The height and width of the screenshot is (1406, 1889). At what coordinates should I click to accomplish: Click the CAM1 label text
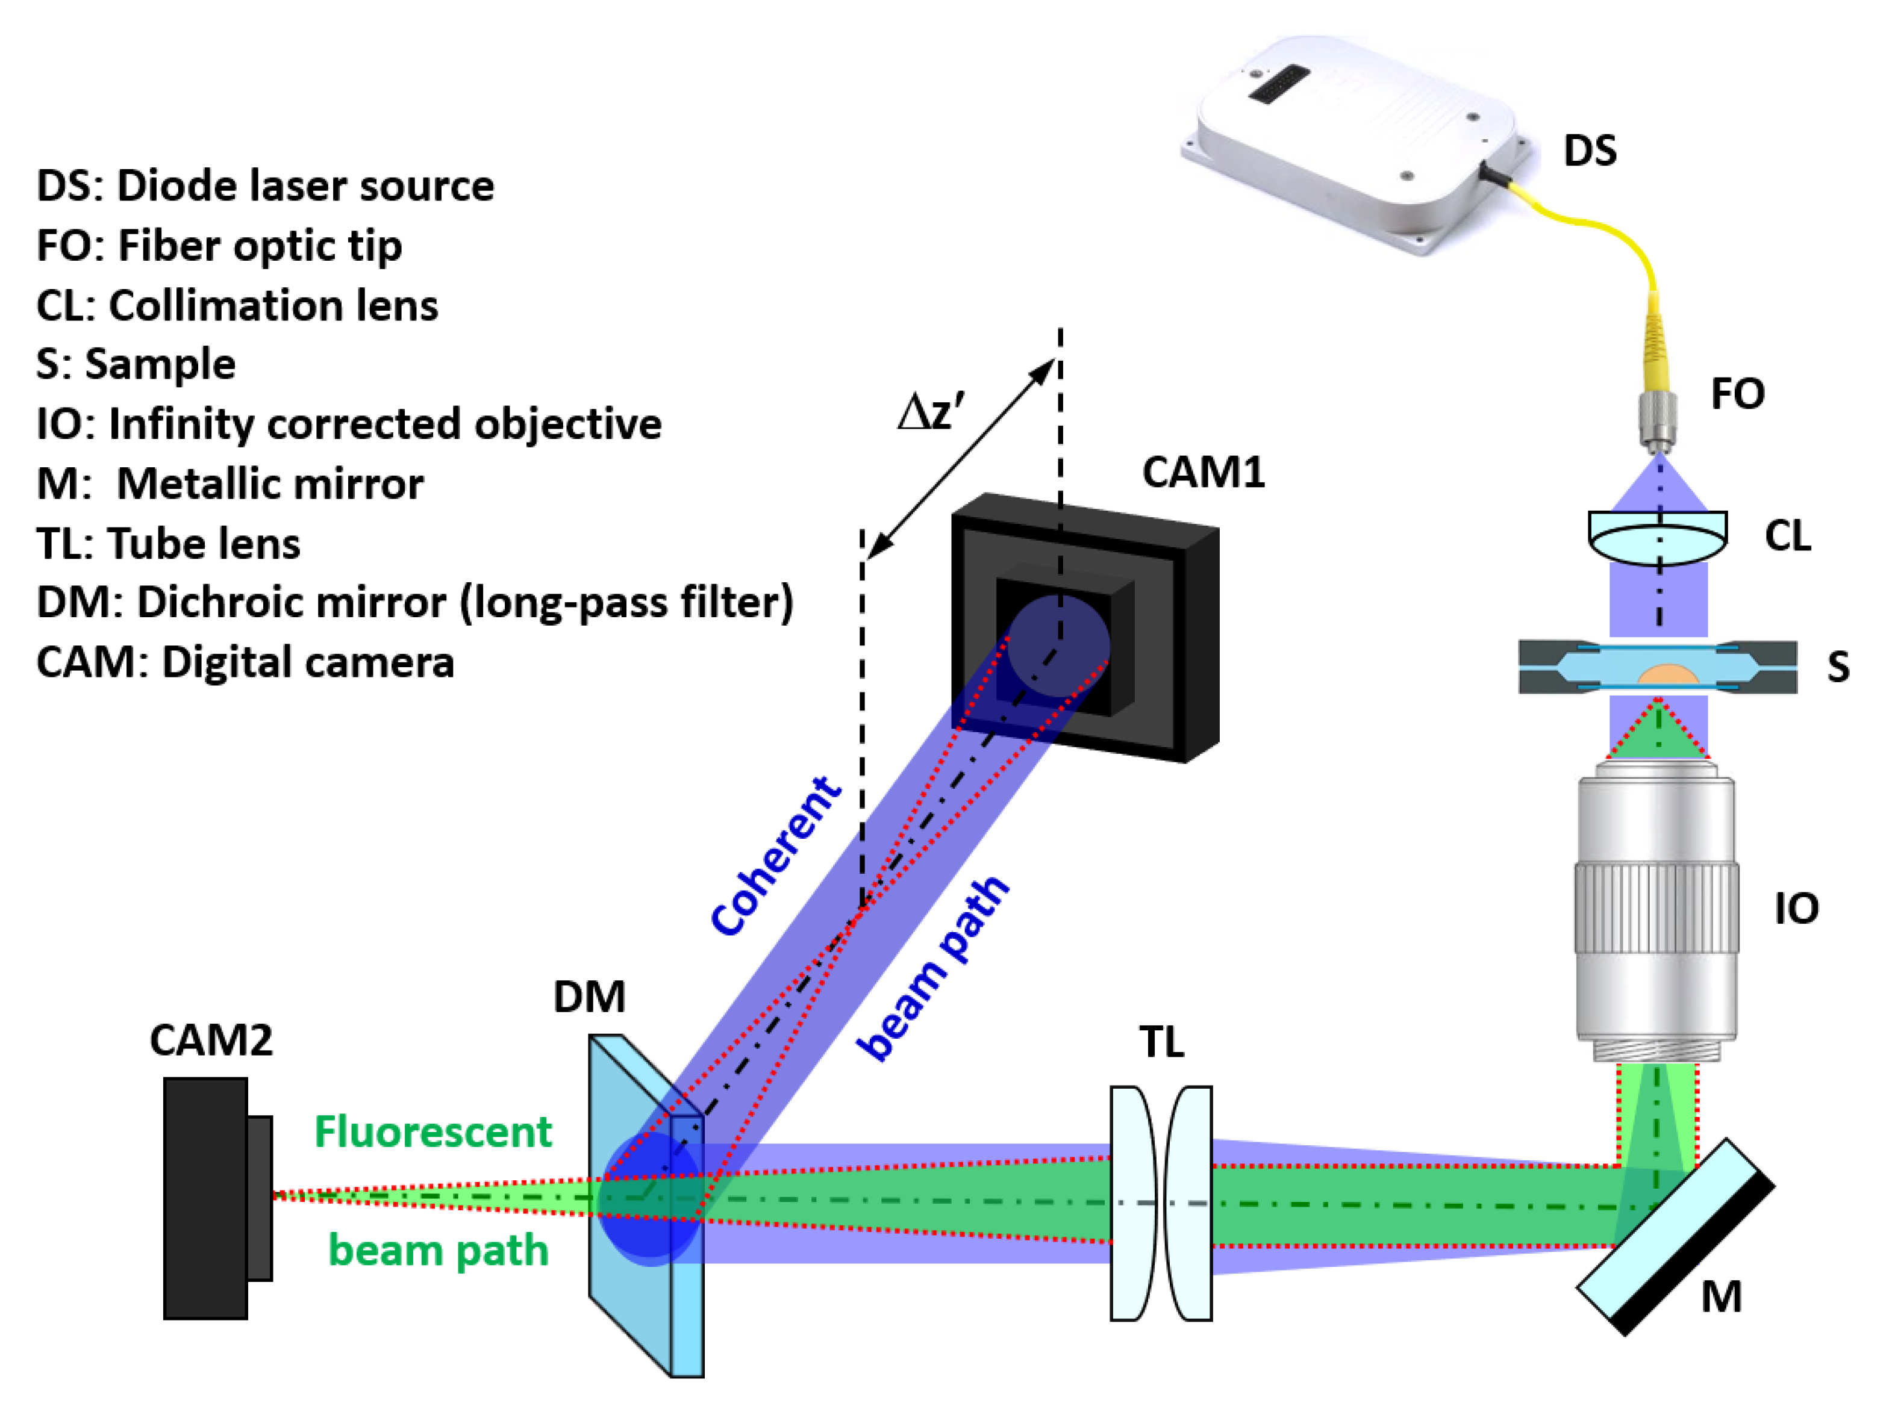click(x=1203, y=472)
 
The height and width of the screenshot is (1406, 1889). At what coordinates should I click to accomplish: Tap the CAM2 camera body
click(x=206, y=1198)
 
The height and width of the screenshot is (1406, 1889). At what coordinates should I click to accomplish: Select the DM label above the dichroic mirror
click(x=589, y=997)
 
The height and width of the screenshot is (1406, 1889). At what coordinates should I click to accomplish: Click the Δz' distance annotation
click(x=931, y=413)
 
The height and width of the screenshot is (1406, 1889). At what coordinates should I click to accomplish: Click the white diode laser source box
click(x=1354, y=140)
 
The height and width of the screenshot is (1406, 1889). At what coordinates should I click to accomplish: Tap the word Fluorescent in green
click(x=432, y=1132)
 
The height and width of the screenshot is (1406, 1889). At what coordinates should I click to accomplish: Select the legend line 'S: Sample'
click(x=136, y=364)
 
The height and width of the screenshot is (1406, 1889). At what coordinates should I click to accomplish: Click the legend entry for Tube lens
click(x=169, y=544)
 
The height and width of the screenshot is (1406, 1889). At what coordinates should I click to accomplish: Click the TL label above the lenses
click(x=1161, y=1042)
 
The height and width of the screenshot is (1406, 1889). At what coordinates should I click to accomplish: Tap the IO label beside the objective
click(x=1796, y=909)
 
